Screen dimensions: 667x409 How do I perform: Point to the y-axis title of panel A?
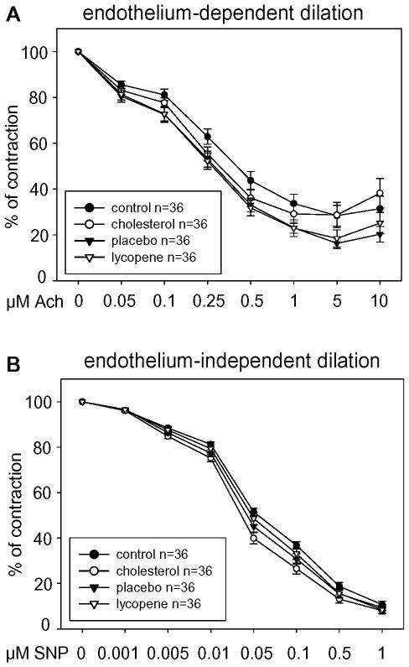(14, 164)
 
